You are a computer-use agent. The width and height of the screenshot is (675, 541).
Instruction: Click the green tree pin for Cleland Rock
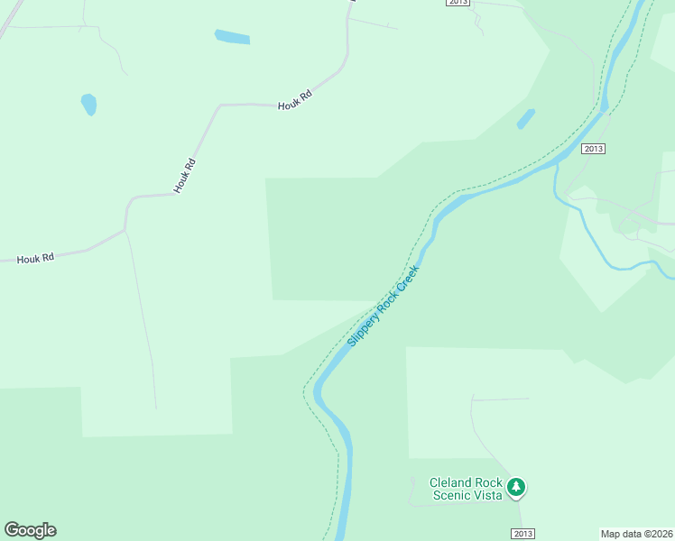(x=515, y=488)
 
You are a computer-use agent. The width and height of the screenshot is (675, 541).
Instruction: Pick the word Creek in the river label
(x=409, y=275)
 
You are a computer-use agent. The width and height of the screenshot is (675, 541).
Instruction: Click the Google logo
(x=30, y=530)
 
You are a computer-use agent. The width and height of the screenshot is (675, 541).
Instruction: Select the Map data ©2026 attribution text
(x=637, y=534)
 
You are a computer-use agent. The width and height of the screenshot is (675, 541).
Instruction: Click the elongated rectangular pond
(x=232, y=37)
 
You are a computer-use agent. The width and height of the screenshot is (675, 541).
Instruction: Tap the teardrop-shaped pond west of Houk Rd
(x=88, y=105)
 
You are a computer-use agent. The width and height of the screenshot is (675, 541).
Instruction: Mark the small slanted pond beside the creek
(x=526, y=119)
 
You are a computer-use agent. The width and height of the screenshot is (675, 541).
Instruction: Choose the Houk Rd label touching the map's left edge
(x=37, y=258)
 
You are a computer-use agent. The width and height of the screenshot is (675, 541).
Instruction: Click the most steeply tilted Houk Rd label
(x=184, y=176)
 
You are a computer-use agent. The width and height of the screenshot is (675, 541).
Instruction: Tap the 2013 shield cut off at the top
(x=458, y=3)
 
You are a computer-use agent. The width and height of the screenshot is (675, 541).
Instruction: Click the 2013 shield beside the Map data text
(x=522, y=534)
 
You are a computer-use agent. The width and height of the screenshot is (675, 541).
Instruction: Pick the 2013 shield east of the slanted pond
(x=593, y=149)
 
